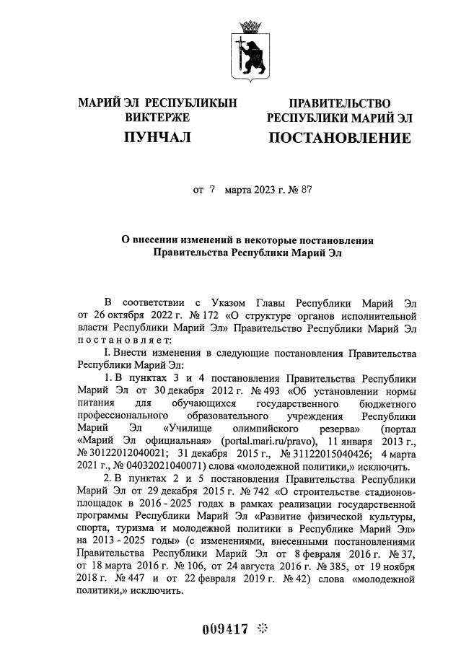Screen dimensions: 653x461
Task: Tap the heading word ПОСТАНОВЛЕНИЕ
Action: [x=339, y=138]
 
